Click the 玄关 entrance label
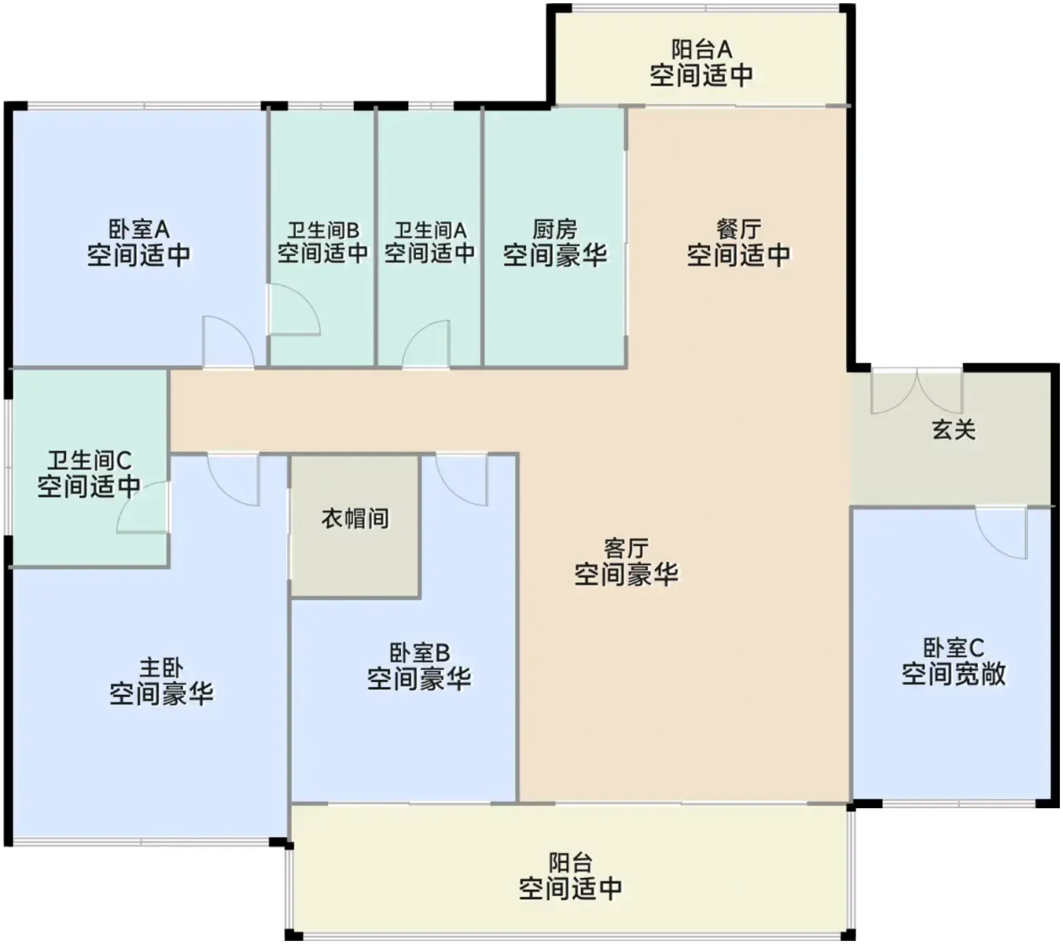[x=954, y=431]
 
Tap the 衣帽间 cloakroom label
[x=355, y=519]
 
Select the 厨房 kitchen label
[x=554, y=229]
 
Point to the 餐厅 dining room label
[x=738, y=229]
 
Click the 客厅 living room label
[x=626, y=549]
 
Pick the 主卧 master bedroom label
[x=161, y=668]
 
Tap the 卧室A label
[x=138, y=229]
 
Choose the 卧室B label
[x=419, y=653]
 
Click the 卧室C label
[x=954, y=649]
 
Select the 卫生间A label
[x=431, y=230]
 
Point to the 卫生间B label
[x=323, y=230]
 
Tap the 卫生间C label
[x=89, y=461]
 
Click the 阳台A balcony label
[x=702, y=50]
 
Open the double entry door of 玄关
[x=916, y=391]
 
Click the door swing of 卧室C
[x=1000, y=532]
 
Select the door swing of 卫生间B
[x=294, y=310]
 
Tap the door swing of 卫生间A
[x=426, y=343]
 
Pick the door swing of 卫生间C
[x=143, y=507]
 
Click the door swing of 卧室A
[x=229, y=342]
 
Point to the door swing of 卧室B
[x=462, y=480]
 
